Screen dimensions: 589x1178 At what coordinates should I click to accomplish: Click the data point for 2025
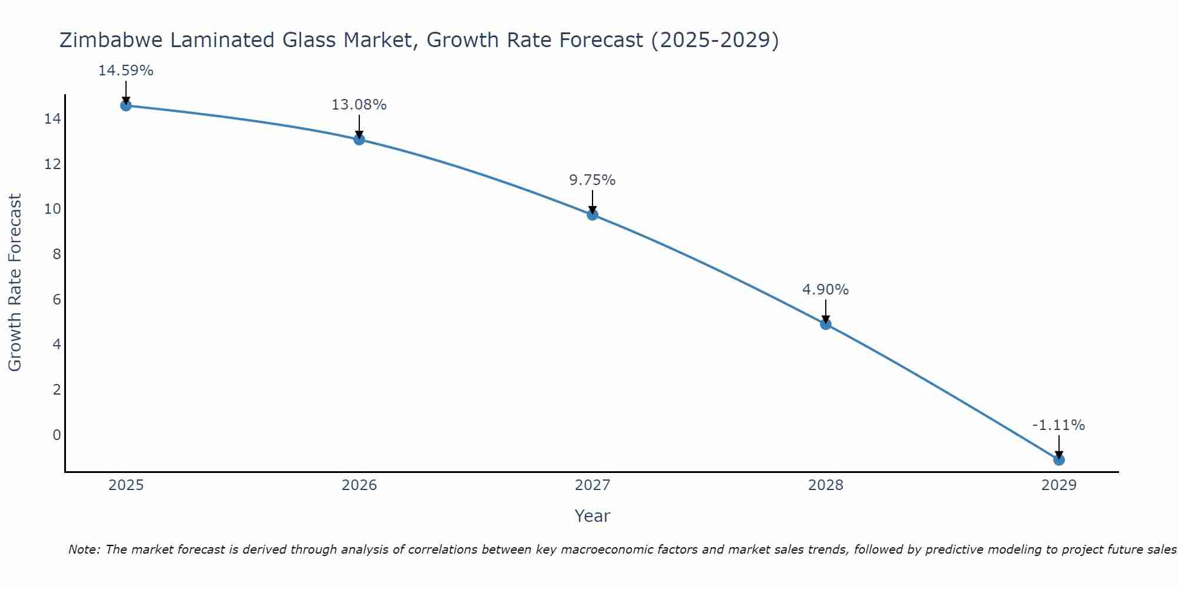(125, 105)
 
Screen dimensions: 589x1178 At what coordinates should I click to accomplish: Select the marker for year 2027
(593, 214)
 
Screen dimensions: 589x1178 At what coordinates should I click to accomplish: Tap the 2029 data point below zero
(1058, 459)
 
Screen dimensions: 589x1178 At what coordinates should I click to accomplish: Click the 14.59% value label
(125, 71)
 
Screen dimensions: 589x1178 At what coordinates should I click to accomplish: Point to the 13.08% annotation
(359, 105)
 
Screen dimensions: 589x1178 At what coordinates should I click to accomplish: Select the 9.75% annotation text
(592, 180)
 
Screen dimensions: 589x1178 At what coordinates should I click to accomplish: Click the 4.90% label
(825, 290)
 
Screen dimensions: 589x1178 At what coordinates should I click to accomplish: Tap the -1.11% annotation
(1058, 425)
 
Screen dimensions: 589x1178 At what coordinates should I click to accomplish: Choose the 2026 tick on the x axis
(359, 485)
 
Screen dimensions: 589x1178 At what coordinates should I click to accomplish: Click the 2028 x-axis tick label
(825, 485)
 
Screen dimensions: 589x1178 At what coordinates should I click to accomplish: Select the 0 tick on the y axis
(57, 435)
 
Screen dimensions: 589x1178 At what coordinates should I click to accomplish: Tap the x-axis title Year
(592, 516)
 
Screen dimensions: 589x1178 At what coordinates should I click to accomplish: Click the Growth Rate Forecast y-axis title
(15, 283)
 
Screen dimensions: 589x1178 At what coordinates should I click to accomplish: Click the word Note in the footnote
(84, 550)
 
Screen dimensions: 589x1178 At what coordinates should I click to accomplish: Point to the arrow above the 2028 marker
(825, 310)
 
